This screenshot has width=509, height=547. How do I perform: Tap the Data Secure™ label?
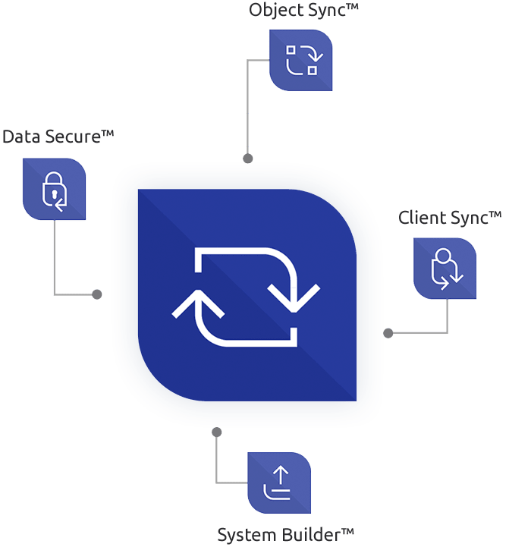58,137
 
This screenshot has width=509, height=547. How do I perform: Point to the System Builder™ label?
286,534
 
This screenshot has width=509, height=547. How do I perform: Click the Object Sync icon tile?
301,60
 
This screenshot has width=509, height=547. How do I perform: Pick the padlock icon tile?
54,189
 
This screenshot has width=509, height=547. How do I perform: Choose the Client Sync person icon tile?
445,269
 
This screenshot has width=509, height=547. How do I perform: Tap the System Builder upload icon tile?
280,483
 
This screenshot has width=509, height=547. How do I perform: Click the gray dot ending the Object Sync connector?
247,159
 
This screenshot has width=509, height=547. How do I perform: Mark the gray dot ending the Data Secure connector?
96,294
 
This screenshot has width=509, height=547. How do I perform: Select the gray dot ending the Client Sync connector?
388,332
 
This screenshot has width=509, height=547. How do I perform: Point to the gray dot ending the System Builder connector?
217,432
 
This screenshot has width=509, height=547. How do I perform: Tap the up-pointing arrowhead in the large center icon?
199,302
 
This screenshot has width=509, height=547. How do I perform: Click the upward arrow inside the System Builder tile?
281,476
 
